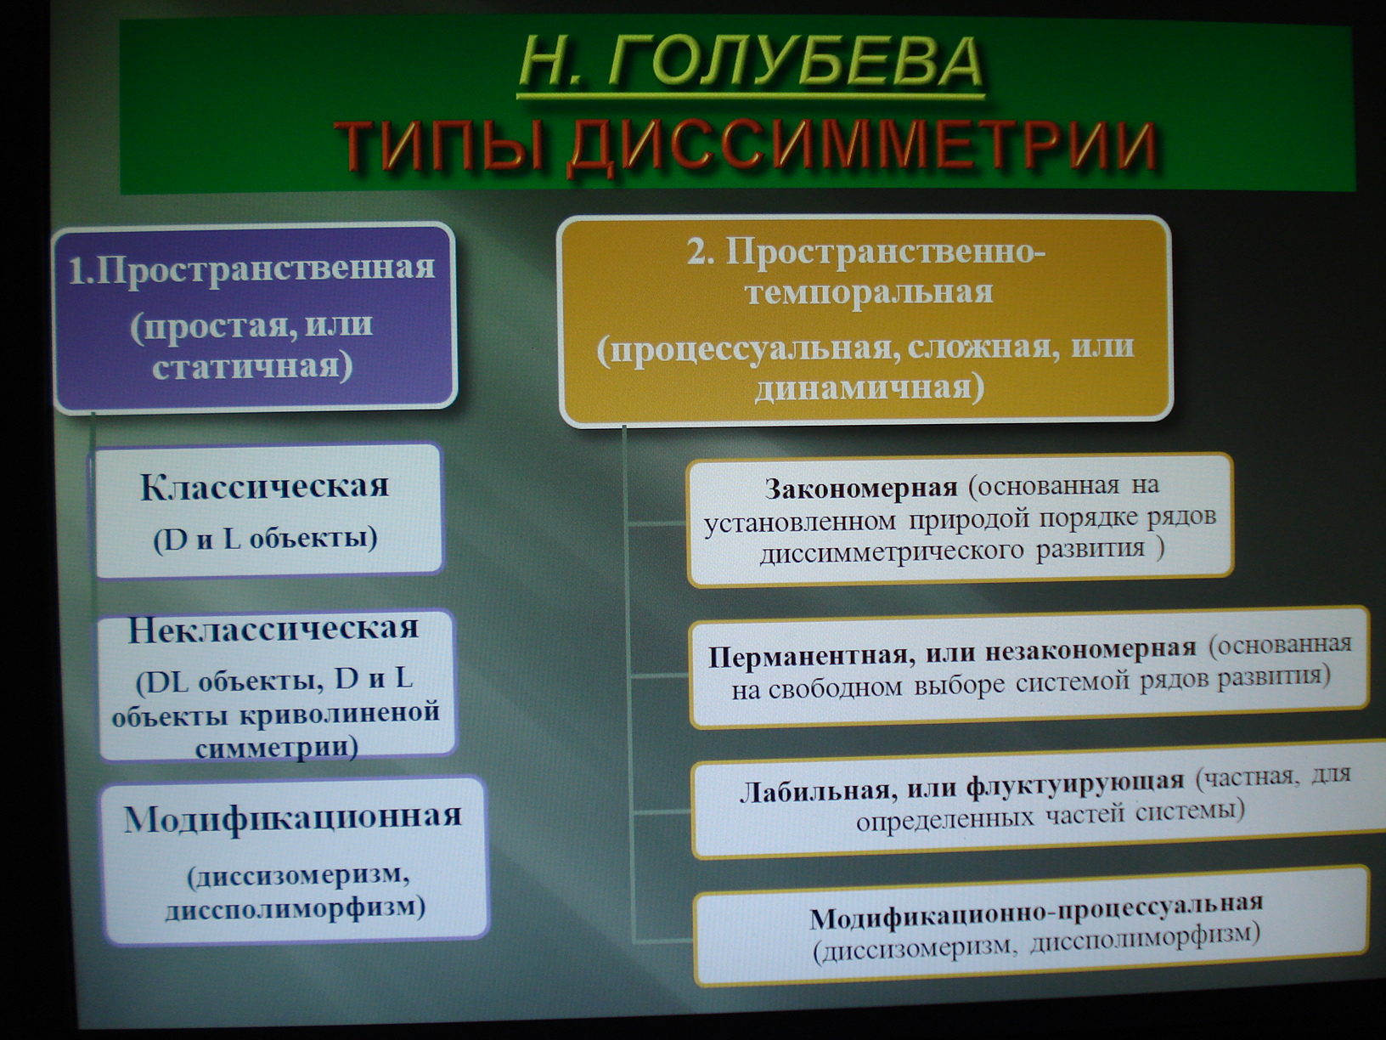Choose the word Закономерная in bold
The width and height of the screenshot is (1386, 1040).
(x=861, y=488)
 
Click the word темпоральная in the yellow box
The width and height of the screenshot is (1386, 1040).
(x=870, y=294)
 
